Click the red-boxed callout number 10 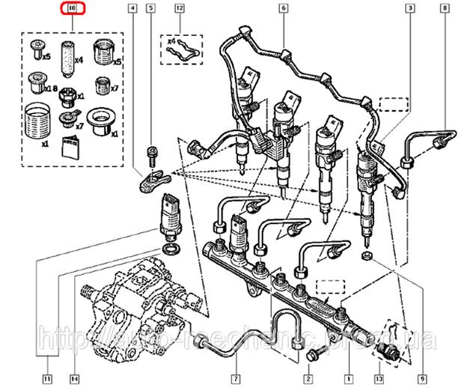pyautogui.click(x=72, y=10)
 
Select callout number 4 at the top pyautogui.click(x=132, y=10)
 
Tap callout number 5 pyautogui.click(x=150, y=10)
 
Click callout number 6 pyautogui.click(x=284, y=10)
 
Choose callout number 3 pyautogui.click(x=411, y=10)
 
